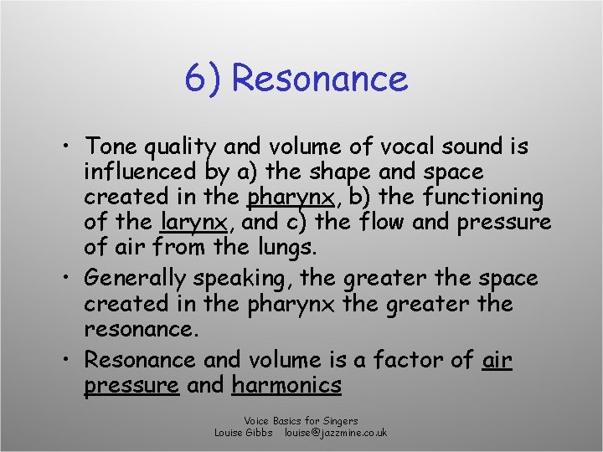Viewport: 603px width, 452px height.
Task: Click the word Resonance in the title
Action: pos(319,79)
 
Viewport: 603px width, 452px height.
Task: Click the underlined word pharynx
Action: pos(290,198)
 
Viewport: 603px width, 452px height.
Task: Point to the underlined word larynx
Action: pos(189,223)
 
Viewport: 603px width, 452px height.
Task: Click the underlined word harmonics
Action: pos(287,386)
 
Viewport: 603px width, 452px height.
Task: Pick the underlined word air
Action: pos(497,360)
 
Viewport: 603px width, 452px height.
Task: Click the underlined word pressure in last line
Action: pos(131,386)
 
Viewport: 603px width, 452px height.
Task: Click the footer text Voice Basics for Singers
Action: pos(301,420)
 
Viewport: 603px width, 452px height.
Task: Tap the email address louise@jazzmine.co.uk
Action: pos(335,433)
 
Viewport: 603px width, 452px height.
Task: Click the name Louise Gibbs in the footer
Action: pos(244,433)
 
